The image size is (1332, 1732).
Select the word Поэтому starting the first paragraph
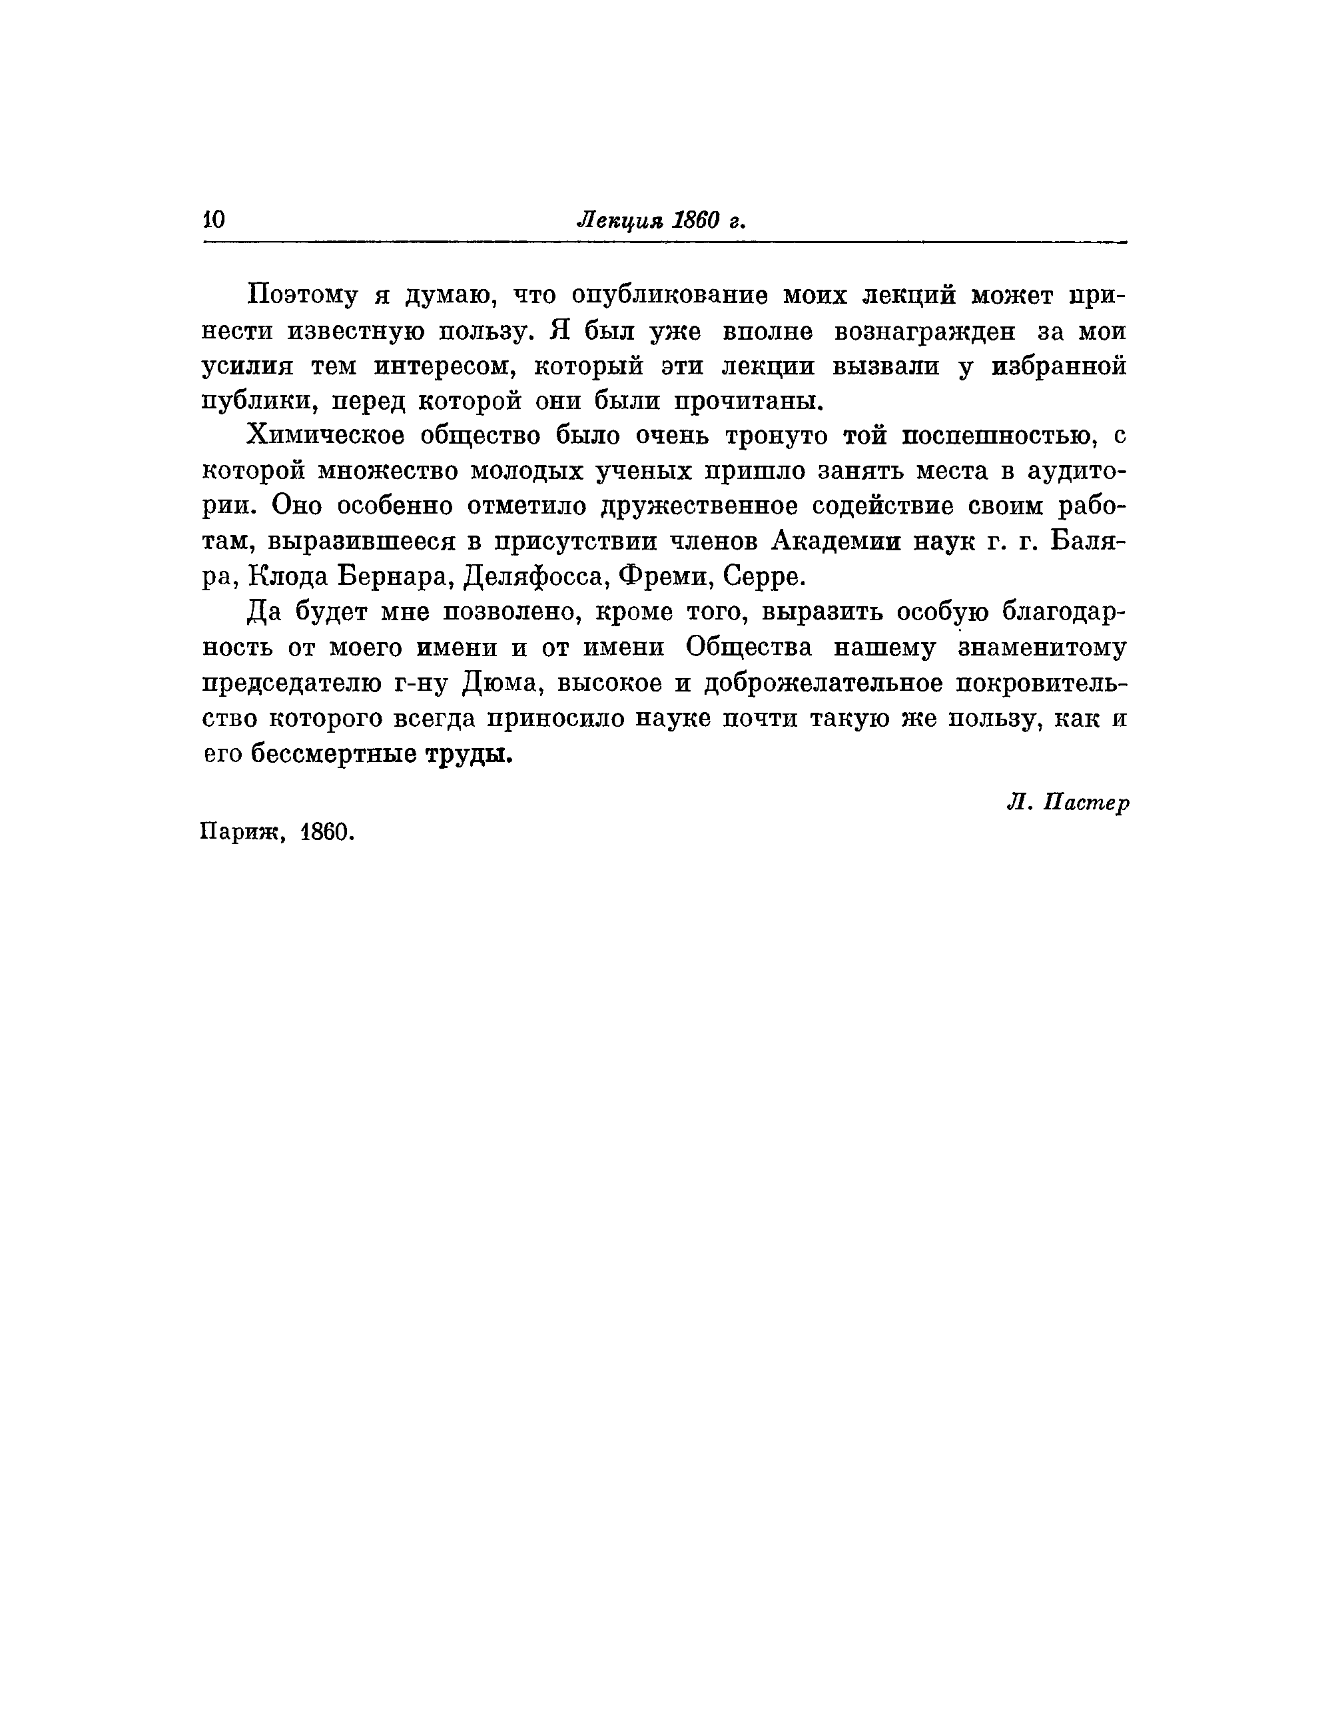(x=305, y=296)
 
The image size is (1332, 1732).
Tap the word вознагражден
(x=924, y=332)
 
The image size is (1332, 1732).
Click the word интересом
(x=443, y=367)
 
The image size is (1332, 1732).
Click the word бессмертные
(x=332, y=754)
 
